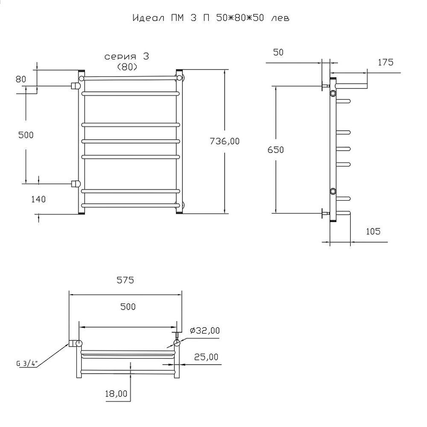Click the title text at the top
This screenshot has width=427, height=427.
pos(211,18)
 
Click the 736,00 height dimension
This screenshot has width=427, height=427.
pos(225,141)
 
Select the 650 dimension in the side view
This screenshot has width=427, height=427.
pos(275,149)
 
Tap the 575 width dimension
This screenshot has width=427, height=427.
pos(125,280)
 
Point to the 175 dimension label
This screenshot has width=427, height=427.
pos(386,62)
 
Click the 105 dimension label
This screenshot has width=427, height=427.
pos(373,231)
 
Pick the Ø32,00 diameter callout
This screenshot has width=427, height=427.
pos(205,330)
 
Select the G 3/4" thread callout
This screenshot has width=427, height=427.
pos(26,363)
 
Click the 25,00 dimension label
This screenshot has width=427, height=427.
pos(206,357)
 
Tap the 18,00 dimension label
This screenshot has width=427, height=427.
pos(116,394)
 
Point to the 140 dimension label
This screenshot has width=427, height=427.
pos(38,199)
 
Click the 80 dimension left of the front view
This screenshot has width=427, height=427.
pos(21,79)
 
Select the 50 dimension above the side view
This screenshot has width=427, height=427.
pos(278,52)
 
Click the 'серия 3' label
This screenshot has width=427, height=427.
pos(127,56)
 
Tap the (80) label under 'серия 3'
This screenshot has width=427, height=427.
pos(127,67)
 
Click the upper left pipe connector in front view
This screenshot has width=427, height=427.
pos(76,86)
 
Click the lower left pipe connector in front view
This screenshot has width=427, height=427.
pos(76,184)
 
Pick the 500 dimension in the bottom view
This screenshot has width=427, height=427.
pos(128,307)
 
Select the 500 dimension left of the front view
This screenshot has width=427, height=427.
pos(26,135)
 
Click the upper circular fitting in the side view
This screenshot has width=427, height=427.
pos(333,94)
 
